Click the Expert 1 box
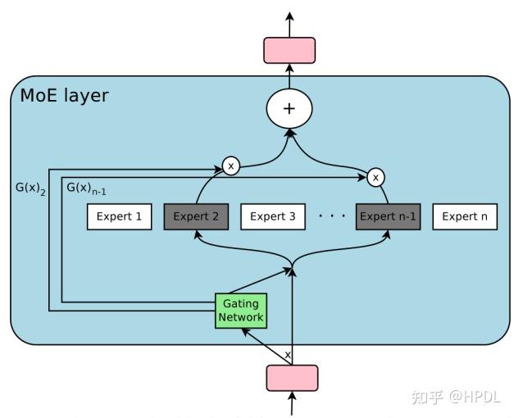coord(120,217)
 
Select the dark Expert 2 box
coord(196,217)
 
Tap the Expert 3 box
coord(272,217)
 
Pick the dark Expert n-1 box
coord(388,217)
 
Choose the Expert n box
coord(464,217)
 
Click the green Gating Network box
coord(241,311)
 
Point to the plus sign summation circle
coord(289,109)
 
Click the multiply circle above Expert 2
coord(230,166)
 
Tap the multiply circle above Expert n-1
coord(375,177)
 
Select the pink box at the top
coord(289,50)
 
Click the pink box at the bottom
coord(292,378)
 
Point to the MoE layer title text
coord(64,95)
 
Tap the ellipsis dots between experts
coord(331,217)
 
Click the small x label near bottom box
coord(287,355)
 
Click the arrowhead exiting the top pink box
coord(289,16)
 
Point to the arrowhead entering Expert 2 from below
coord(196,234)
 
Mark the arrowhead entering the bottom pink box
coord(292,394)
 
